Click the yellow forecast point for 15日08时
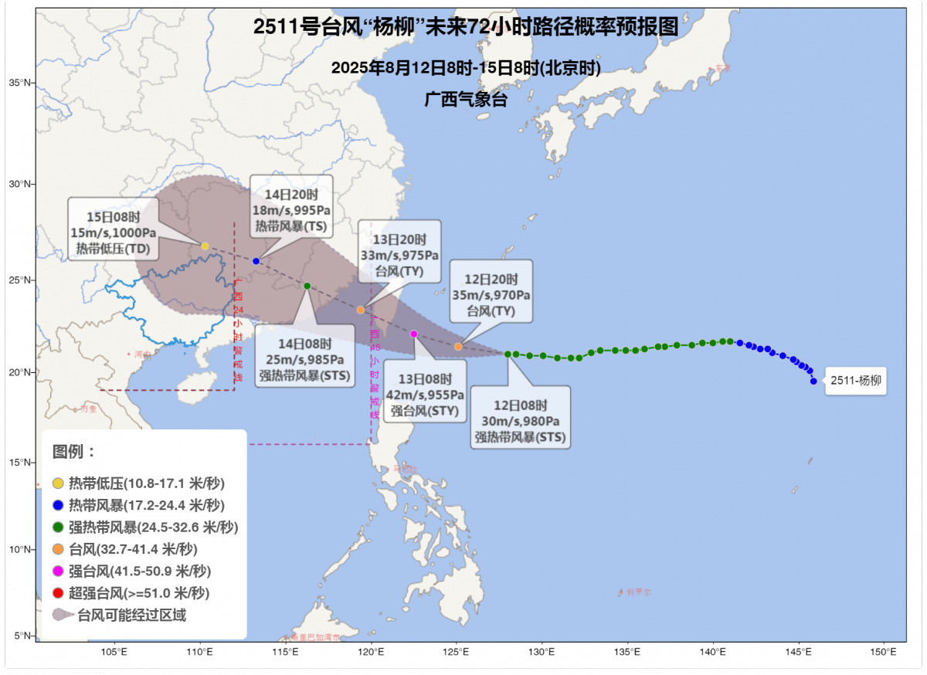pyautogui.click(x=205, y=246)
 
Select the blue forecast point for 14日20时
pyautogui.click(x=256, y=261)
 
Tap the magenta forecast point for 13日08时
pyautogui.click(x=413, y=334)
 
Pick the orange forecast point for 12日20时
pyautogui.click(x=458, y=347)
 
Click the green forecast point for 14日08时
pyautogui.click(x=307, y=286)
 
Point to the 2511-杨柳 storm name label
pyautogui.click(x=855, y=380)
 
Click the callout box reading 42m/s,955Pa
pyautogui.click(x=425, y=391)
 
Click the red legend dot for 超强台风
pyautogui.click(x=58, y=593)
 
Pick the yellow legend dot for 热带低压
pyautogui.click(x=58, y=483)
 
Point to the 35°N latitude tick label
pyautogui.click(x=19, y=83)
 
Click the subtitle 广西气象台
pyautogui.click(x=466, y=99)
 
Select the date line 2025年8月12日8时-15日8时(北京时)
pyautogui.click(x=466, y=67)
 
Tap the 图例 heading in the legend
pyautogui.click(x=74, y=451)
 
